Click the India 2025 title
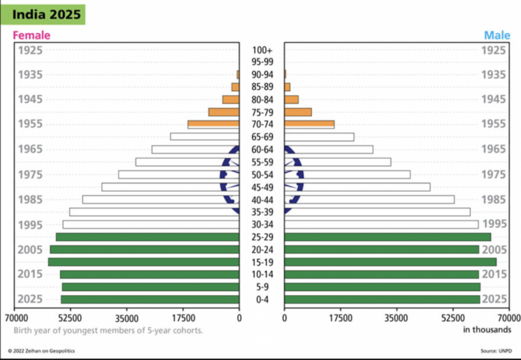pyautogui.click(x=43, y=13)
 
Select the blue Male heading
pyautogui.click(x=496, y=35)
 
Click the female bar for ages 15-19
pyautogui.click(x=144, y=262)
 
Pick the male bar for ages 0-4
pyautogui.click(x=382, y=299)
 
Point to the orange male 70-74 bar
pyautogui.click(x=309, y=124)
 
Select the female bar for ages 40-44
pyautogui.click(x=161, y=200)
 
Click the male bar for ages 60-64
pyautogui.click(x=329, y=150)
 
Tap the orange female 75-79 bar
pyautogui.click(x=224, y=112)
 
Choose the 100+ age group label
pyautogui.click(x=262, y=50)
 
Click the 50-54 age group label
pyautogui.click(x=262, y=174)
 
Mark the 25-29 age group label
pyautogui.click(x=262, y=237)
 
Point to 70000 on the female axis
pyautogui.click(x=15, y=316)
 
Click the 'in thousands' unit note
pyautogui.click(x=487, y=329)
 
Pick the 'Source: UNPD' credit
pyautogui.click(x=496, y=350)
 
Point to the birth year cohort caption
pyautogui.click(x=108, y=329)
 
